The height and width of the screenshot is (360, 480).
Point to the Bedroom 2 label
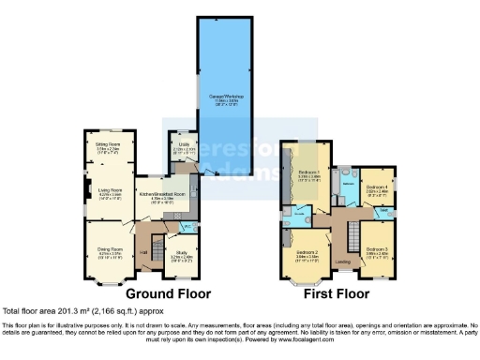(x=309, y=252)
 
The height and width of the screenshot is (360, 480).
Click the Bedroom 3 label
(x=378, y=250)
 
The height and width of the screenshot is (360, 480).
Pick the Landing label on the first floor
(x=343, y=262)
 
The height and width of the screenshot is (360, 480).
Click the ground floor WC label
(x=187, y=226)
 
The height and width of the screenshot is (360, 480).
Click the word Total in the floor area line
(x=11, y=310)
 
